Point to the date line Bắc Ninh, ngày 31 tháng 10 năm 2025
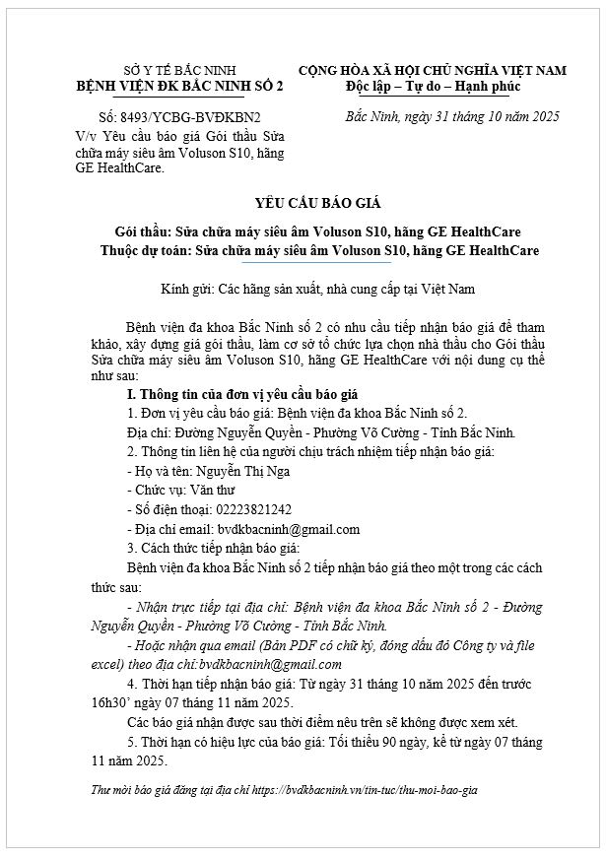click(453, 116)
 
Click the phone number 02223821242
click(242, 509)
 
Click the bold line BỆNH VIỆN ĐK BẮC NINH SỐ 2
click(180, 87)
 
